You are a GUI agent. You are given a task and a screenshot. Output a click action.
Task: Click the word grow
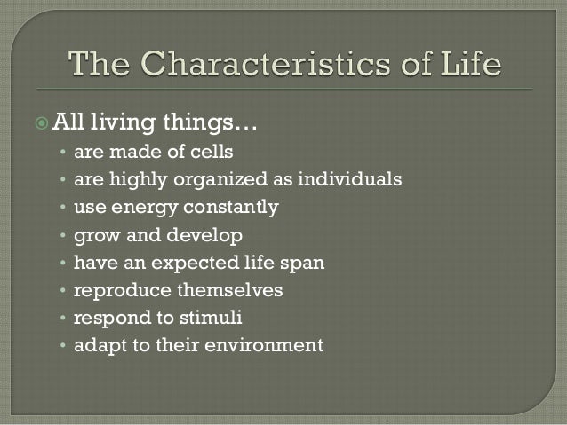pyautogui.click(x=95, y=235)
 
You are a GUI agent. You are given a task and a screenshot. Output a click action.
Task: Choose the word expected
pyautogui.click(x=186, y=263)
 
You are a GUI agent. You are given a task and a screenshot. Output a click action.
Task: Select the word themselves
pyautogui.click(x=226, y=290)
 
